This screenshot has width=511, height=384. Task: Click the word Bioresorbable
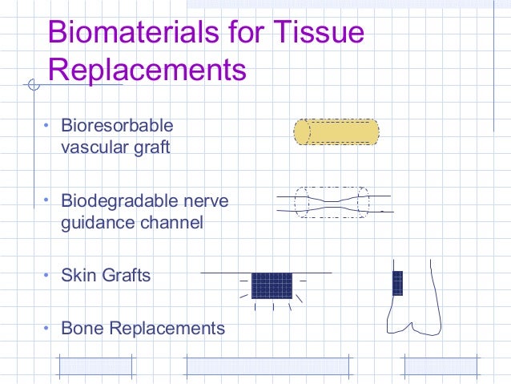click(117, 127)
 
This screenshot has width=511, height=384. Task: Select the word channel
click(174, 222)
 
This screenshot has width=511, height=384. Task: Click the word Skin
click(78, 276)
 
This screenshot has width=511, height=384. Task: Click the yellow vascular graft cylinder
click(336, 131)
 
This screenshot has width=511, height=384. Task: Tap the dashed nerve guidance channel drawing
click(332, 203)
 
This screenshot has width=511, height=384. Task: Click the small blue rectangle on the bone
click(397, 283)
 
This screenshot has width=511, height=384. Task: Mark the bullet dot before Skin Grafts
click(46, 275)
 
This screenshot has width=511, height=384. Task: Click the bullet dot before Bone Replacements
click(46, 327)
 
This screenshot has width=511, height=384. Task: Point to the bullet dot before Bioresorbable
click(46, 126)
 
